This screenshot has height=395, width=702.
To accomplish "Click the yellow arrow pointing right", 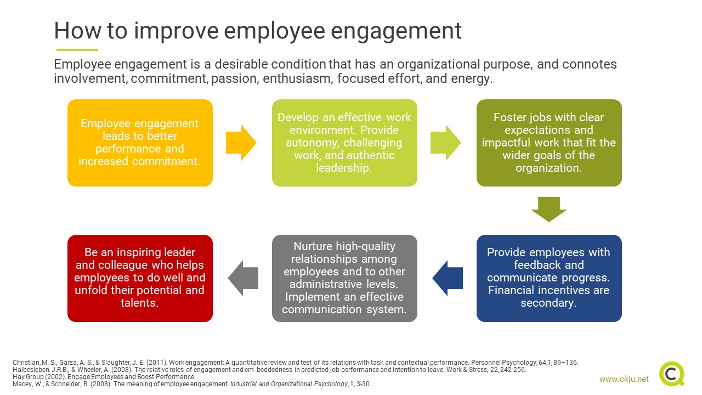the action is [241, 143].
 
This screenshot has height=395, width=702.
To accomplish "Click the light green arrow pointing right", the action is [445, 143].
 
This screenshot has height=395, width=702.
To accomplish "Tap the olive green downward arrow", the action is [549, 210].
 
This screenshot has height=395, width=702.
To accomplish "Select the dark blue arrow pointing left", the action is [448, 278].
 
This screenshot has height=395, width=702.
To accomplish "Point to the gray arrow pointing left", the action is [243, 278].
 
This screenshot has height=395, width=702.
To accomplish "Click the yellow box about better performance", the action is [140, 143].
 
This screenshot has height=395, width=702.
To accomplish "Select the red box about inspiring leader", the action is [140, 278].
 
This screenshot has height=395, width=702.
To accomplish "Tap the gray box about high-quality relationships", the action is [344, 278].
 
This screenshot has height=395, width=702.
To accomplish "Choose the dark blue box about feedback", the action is [549, 278].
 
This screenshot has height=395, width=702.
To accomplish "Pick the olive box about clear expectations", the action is [549, 143].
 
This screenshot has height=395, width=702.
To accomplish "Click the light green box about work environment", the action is [344, 143].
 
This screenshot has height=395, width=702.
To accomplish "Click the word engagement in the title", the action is [396, 32].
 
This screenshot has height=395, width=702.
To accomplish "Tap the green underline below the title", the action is [77, 50].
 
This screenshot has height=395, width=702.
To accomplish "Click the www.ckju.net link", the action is [624, 379].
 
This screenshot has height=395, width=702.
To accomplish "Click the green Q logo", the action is [672, 374].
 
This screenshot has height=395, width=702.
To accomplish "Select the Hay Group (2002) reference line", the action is [104, 377].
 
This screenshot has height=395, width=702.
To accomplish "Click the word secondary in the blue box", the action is [548, 303].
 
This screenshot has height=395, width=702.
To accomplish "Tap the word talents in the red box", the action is [139, 303].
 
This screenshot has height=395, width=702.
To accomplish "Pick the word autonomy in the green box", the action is [313, 143].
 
